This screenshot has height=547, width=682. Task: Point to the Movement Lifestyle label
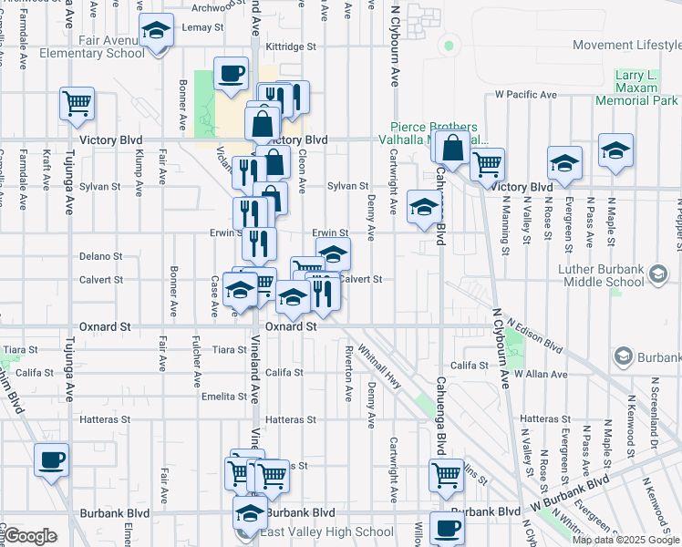pos(626,46)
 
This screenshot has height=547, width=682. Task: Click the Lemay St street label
pos(202,27)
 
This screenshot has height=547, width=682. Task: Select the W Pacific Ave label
pos(526,95)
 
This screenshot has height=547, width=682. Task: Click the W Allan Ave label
pos(540,374)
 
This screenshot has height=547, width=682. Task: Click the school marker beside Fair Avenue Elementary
pos(156,32)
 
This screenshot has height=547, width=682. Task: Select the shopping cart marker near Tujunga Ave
pos(77,103)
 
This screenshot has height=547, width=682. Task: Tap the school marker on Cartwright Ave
pos(424,209)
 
